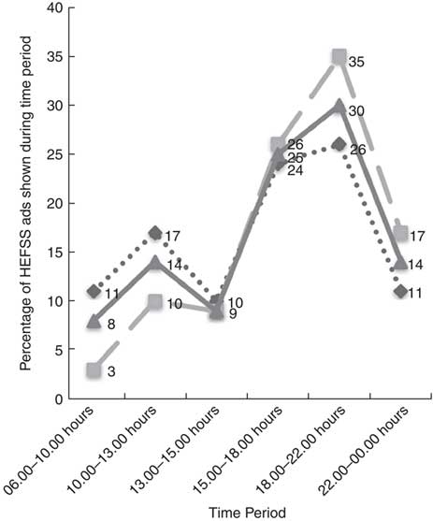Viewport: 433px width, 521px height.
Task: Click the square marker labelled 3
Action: (x=94, y=370)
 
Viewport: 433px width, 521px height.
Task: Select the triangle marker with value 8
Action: (x=94, y=322)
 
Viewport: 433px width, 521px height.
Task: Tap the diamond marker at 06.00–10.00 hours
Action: (x=94, y=292)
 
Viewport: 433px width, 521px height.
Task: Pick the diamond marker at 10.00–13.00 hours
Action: (x=155, y=233)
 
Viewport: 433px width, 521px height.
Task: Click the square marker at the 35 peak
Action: (x=339, y=57)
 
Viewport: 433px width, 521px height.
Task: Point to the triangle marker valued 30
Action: (x=339, y=106)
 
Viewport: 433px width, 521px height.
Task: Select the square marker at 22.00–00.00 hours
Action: (x=401, y=233)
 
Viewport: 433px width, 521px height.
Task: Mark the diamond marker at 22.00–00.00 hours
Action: (x=401, y=292)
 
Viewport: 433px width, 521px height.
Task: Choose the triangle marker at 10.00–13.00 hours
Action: (x=155, y=263)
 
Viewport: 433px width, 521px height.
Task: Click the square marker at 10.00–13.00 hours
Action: (x=155, y=302)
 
